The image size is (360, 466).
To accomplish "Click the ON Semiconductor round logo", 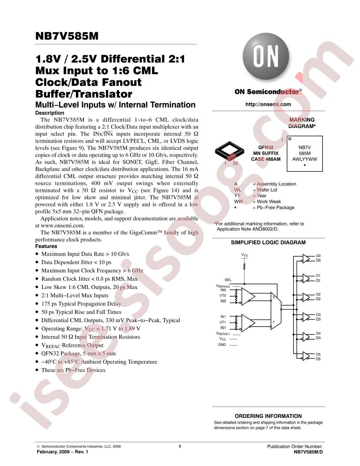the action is point(266,56).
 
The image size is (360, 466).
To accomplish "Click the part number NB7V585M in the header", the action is point(67,36).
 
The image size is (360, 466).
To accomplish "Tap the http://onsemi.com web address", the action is point(268,104).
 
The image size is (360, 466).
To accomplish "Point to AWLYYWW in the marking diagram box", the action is point(304,159).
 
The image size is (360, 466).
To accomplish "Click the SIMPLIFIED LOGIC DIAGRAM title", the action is point(268,243).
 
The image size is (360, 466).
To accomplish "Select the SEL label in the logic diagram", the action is point(228,280).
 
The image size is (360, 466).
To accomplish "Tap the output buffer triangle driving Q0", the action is point(306,258).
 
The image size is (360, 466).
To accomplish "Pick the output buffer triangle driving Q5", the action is point(306,356).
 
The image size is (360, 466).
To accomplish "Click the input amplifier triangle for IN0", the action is point(248,296).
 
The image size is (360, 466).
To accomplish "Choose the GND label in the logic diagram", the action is point(222,345).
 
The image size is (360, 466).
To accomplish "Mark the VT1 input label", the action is point(222,322).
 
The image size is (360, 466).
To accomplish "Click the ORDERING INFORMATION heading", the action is point(268,416).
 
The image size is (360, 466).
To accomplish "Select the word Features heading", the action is point(46,246).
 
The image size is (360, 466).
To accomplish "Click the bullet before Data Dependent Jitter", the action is point(37,263).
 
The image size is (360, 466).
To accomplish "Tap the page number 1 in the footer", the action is point(180,446).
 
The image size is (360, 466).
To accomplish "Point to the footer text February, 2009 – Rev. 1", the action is point(62,452).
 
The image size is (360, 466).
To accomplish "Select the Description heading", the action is point(49,113).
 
